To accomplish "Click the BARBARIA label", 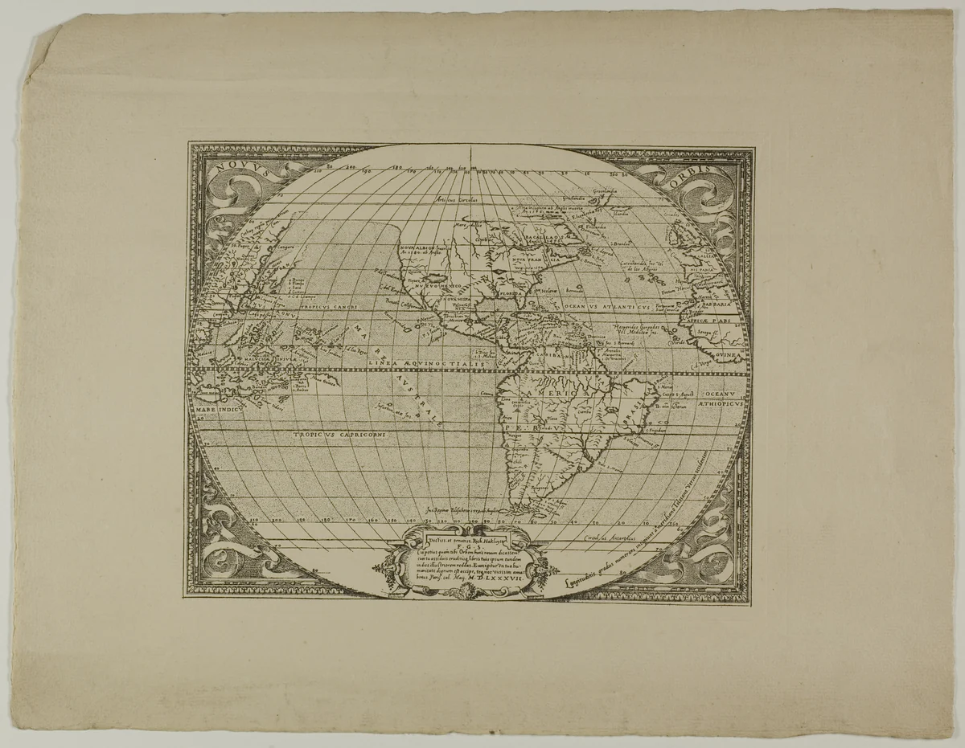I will pyautogui.click(x=714, y=305).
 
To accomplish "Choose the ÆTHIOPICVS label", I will pyautogui.click(x=717, y=407).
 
